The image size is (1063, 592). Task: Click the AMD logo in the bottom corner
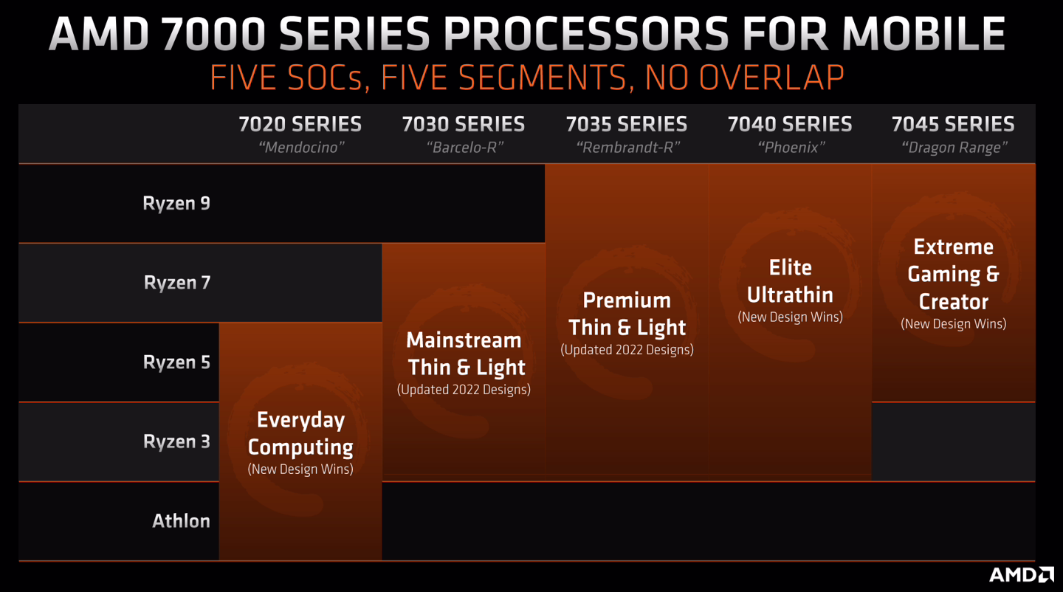click(1021, 574)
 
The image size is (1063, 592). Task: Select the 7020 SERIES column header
click(300, 124)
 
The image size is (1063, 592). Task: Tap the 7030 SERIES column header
click(464, 124)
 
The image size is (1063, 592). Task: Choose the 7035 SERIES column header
click(627, 124)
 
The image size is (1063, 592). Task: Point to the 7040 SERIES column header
click(790, 124)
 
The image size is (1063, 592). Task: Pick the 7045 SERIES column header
click(954, 124)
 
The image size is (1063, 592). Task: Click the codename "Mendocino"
click(301, 148)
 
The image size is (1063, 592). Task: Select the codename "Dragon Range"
click(954, 148)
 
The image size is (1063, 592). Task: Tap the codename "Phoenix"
click(791, 148)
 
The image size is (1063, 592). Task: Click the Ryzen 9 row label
click(176, 204)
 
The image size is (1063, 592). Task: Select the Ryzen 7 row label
click(177, 283)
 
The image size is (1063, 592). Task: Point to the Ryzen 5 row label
click(176, 362)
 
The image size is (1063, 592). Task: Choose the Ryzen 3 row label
click(176, 441)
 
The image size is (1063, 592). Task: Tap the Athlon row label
click(182, 521)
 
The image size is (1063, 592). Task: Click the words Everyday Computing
click(300, 433)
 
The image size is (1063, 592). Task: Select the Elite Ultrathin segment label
click(790, 281)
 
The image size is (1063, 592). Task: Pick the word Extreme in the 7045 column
click(954, 247)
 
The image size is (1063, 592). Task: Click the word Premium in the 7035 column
click(627, 300)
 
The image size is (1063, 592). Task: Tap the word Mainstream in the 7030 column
click(464, 340)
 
